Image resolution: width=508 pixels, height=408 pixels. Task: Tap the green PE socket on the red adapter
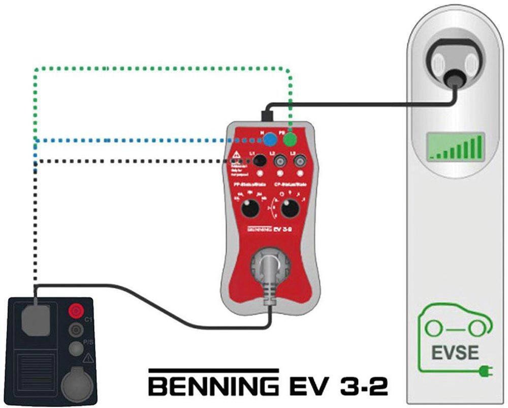290,138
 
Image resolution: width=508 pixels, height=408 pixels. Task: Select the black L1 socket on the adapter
260,161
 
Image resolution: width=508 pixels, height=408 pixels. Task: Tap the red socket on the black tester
76,310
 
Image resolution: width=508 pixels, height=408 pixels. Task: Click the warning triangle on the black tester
89,358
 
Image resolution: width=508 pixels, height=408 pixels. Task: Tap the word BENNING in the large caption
213,386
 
